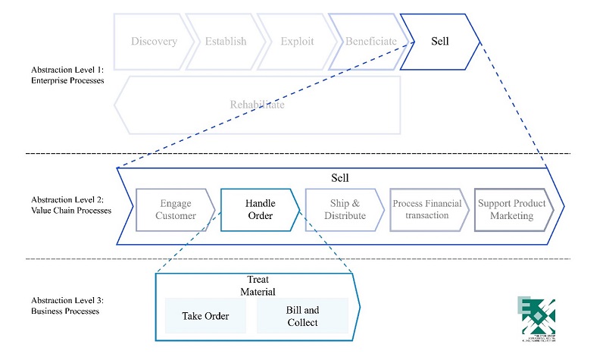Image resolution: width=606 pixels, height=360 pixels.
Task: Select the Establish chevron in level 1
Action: [x=226, y=41]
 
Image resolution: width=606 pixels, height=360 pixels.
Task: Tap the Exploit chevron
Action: [x=297, y=41]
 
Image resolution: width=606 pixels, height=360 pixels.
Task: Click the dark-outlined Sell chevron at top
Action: [x=439, y=41]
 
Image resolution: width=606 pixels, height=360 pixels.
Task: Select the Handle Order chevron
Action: [x=260, y=209]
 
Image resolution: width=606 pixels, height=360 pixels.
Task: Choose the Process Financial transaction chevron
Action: [x=426, y=209]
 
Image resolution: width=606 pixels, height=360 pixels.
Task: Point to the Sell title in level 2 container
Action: [x=340, y=177]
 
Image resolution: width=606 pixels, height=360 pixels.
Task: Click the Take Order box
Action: [x=205, y=316]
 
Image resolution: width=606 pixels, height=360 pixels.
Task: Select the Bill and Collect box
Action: [x=302, y=316]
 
